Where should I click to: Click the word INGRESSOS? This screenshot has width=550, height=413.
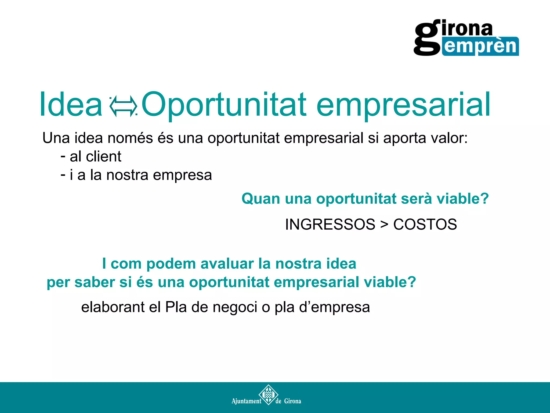click(330, 224)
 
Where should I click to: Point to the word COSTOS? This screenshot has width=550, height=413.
click(425, 224)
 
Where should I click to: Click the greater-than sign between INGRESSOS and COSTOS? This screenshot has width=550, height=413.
click(384, 225)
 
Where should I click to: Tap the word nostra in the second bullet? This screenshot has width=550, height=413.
click(127, 175)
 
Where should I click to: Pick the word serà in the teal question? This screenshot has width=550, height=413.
click(416, 199)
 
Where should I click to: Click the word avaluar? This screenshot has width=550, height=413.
click(227, 264)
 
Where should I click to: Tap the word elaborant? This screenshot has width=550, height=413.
click(113, 307)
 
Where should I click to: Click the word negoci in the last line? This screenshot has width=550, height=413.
click(235, 308)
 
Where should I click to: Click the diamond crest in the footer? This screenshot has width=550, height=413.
click(268, 395)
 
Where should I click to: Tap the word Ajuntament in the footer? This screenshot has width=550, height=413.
click(246, 401)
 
